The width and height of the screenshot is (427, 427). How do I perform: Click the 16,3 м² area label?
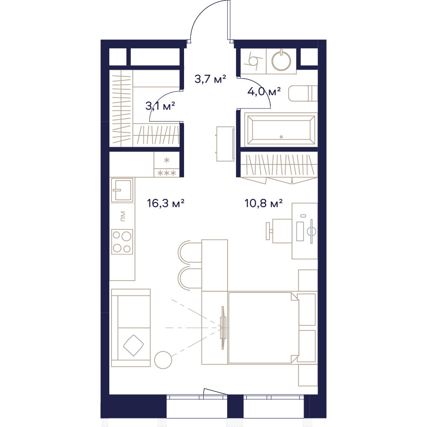point(166,203)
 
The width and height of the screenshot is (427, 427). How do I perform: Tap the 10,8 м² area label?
point(263,203)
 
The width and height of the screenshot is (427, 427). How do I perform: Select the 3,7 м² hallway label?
point(210,79)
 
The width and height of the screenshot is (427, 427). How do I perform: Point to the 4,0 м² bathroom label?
point(264,91)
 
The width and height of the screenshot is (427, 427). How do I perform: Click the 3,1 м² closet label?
point(160,106)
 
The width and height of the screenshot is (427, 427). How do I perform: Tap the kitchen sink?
point(122,190)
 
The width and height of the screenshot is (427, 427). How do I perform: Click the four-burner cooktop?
point(122,242)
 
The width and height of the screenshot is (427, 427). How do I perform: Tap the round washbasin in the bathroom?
point(281,61)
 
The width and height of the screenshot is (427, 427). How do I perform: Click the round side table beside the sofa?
point(163,360)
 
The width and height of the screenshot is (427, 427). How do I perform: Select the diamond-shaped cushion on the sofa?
point(133,345)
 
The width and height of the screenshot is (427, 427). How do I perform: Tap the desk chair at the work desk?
point(279,231)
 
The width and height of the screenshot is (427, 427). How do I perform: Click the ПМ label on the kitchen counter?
point(123,216)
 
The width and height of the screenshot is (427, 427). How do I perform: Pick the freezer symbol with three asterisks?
point(167,173)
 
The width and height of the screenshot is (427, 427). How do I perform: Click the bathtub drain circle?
point(281,137)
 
